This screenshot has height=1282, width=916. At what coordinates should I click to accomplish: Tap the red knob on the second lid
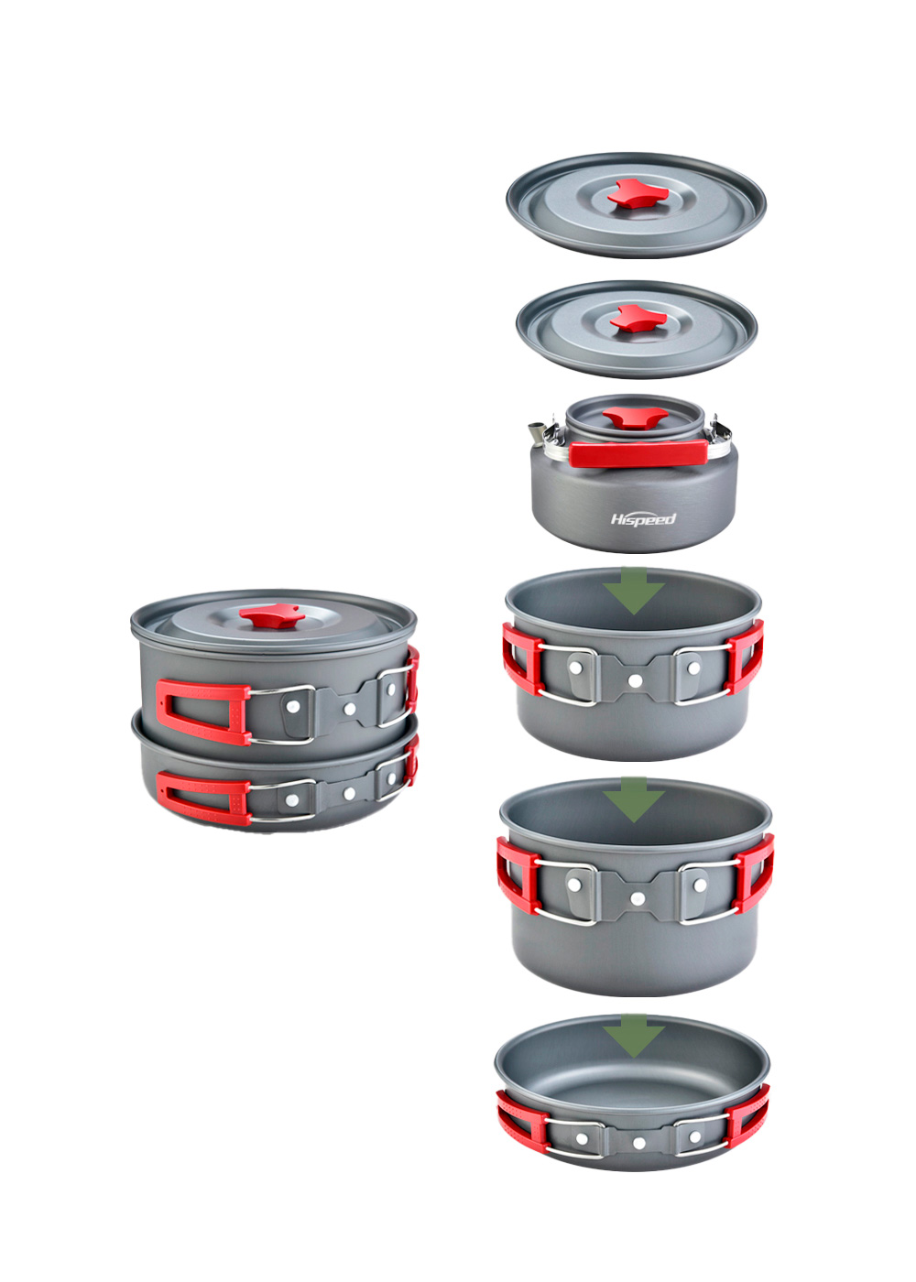point(638,319)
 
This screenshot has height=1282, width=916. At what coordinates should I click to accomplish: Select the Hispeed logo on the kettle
point(643,519)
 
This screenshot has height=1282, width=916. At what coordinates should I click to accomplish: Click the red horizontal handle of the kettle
point(638,452)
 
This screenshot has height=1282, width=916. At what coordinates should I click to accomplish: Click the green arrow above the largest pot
point(634,799)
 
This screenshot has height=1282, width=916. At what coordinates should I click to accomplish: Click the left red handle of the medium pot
point(521,658)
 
